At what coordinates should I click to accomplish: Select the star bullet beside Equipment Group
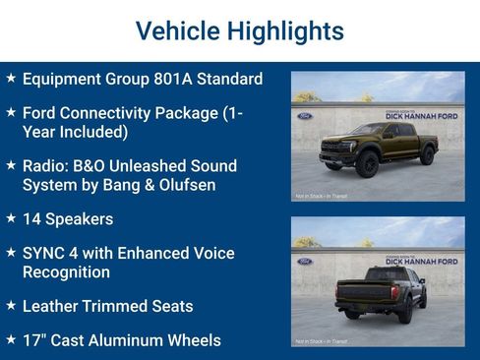click(x=10, y=78)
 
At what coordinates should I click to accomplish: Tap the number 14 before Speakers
click(x=32, y=218)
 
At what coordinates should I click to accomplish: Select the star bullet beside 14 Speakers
click(x=10, y=217)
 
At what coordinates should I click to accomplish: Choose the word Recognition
click(x=66, y=271)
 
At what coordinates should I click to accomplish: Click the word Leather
click(x=52, y=306)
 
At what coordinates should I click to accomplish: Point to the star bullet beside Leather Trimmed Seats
click(x=10, y=305)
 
